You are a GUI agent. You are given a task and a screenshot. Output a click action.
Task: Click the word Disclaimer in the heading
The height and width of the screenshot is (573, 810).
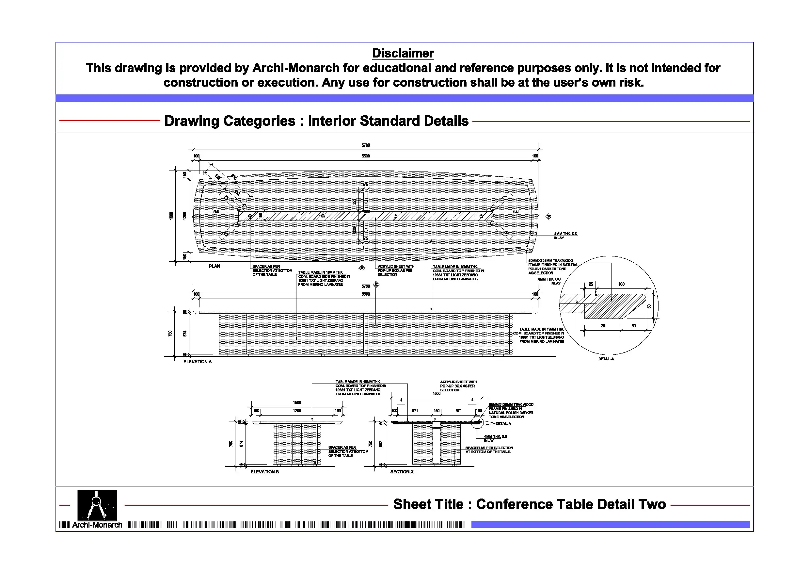[x=403, y=53]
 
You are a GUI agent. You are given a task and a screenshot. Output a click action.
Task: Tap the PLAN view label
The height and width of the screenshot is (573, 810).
[x=214, y=266]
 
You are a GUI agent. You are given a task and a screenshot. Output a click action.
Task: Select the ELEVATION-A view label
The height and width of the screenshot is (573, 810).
[x=197, y=362]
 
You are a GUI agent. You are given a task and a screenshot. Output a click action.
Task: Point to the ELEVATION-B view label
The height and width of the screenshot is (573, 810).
[x=264, y=472]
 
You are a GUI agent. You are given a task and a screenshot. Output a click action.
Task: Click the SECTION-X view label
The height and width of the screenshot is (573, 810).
[x=402, y=472]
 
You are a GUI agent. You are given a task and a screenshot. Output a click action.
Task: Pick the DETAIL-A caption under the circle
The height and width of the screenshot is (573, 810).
[x=606, y=359]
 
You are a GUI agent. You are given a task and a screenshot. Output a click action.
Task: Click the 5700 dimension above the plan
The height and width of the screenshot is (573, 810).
[x=365, y=145]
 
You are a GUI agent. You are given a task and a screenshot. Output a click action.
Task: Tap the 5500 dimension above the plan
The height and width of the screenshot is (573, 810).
[x=365, y=156]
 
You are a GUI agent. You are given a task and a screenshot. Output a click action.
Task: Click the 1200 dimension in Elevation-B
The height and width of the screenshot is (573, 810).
[x=297, y=411]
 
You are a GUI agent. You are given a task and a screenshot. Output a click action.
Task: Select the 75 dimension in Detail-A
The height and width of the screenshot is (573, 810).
[x=603, y=326]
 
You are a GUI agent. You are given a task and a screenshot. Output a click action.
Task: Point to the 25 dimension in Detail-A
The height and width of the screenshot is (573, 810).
[x=591, y=284]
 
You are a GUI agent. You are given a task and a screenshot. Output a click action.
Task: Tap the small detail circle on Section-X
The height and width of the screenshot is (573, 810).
[x=477, y=422]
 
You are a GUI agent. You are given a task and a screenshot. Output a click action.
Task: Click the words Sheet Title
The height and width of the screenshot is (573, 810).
[x=428, y=504]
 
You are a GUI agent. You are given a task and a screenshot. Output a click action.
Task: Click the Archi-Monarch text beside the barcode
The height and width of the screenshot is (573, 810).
[x=97, y=525]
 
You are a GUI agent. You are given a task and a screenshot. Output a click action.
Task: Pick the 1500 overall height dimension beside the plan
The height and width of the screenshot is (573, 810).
[x=171, y=215]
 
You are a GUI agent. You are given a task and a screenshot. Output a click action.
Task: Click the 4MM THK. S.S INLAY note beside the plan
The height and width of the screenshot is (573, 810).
[x=565, y=236]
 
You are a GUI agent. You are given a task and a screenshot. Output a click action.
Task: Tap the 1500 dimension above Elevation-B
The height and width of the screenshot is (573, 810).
[x=297, y=403]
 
